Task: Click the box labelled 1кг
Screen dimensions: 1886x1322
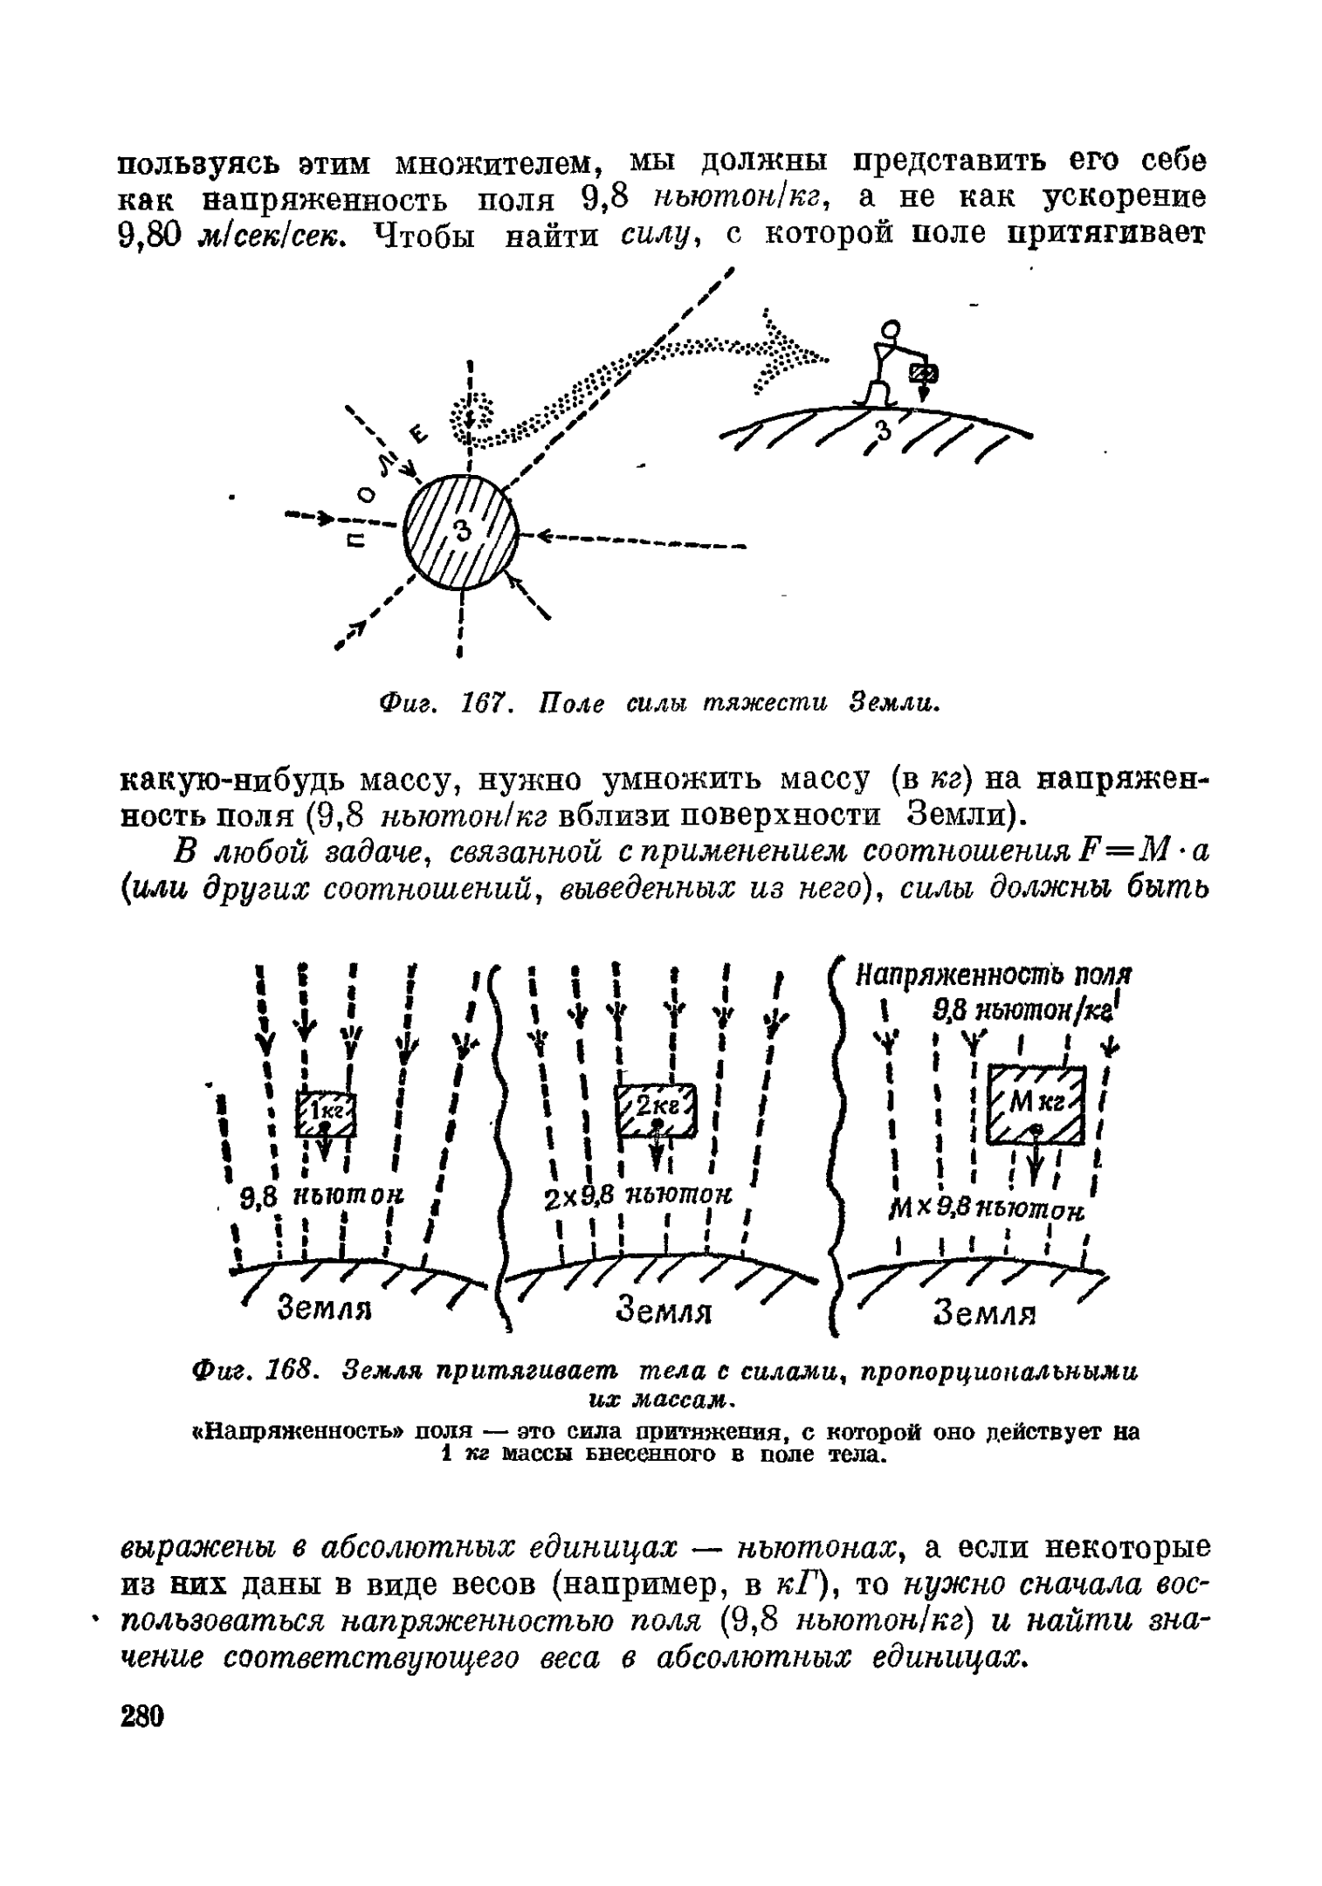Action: pyautogui.click(x=326, y=1112)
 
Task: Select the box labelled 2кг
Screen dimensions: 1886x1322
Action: pyautogui.click(x=658, y=1109)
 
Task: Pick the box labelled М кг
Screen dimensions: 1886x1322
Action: pyautogui.click(x=1036, y=1105)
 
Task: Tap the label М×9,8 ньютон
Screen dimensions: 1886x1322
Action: pyautogui.click(x=985, y=1210)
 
